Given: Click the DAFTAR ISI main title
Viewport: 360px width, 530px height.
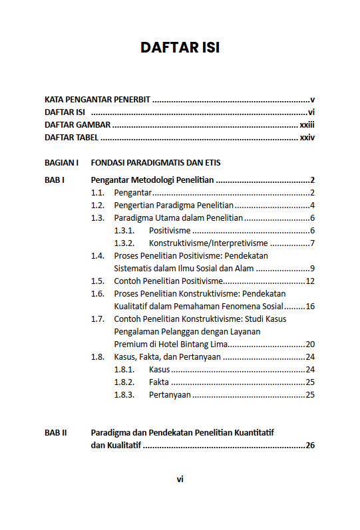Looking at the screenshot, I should click(x=180, y=48).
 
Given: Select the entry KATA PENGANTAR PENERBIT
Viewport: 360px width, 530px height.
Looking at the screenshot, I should click(x=97, y=100).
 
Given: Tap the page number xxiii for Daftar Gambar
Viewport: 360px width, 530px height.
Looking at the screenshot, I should click(x=307, y=125).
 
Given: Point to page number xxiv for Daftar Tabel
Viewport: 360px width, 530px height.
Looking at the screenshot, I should click(x=307, y=138).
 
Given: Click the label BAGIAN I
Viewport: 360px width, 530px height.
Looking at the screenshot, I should click(x=62, y=162).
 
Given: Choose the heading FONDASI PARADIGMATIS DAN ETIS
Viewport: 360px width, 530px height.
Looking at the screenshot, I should click(x=156, y=162).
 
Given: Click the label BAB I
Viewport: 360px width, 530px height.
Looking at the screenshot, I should click(x=54, y=180).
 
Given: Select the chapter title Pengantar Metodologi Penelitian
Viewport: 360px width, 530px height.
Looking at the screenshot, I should click(x=152, y=180).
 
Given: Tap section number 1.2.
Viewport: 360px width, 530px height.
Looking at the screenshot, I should click(x=98, y=205).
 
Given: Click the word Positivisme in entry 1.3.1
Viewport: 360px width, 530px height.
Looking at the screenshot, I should click(x=170, y=231).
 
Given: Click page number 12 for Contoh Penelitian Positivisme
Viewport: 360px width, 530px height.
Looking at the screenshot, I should click(x=309, y=281).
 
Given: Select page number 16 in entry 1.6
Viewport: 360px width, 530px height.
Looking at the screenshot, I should click(x=309, y=307).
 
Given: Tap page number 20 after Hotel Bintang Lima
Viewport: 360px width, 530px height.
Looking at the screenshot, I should click(x=309, y=344).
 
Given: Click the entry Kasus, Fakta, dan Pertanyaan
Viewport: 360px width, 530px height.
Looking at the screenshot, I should click(x=167, y=357).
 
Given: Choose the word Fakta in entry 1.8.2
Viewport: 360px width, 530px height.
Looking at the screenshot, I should click(x=159, y=382).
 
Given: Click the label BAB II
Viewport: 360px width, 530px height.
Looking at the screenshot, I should click(x=56, y=433).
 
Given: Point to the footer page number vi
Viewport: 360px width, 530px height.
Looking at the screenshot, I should click(x=180, y=479).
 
